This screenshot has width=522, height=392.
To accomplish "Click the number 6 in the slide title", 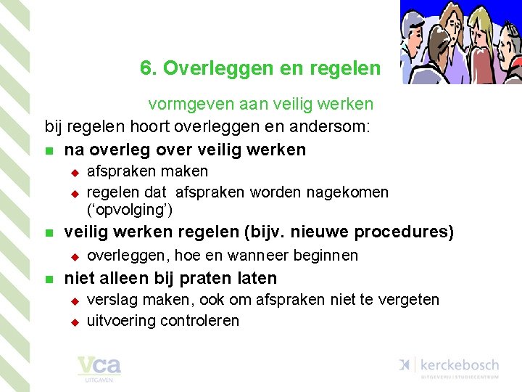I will [145, 69].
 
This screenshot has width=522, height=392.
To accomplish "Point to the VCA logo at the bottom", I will [99, 367].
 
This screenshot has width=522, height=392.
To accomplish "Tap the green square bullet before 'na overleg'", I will [49, 152].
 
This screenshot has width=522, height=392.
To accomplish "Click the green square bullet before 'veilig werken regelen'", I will [49, 234].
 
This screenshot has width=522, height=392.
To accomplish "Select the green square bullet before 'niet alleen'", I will [49, 279].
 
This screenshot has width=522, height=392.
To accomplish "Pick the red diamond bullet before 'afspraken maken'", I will [73, 173].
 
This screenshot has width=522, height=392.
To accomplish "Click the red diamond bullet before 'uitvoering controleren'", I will [73, 322].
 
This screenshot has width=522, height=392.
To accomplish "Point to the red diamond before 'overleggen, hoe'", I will [73, 256].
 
